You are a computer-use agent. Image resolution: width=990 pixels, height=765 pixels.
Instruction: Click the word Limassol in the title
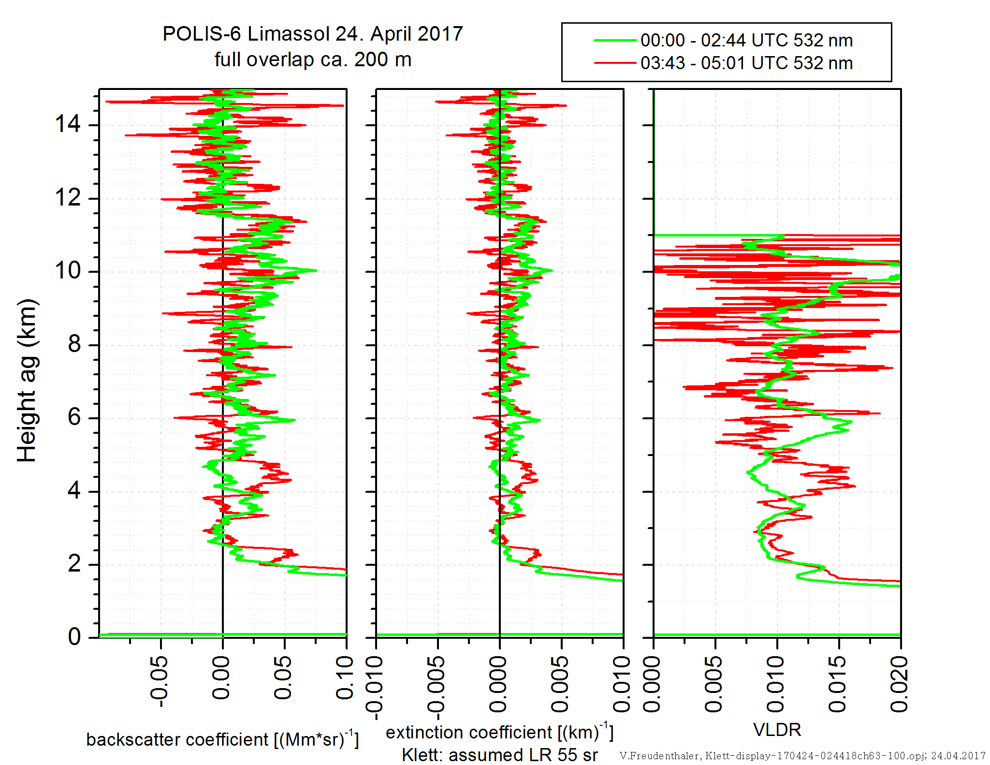click(289, 34)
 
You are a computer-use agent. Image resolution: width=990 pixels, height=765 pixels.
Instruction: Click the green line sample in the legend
click(614, 40)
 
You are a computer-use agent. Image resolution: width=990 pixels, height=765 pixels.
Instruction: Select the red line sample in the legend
click(614, 63)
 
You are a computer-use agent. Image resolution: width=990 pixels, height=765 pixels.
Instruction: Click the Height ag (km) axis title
click(27, 380)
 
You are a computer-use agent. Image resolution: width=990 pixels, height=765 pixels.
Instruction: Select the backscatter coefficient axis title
click(222, 739)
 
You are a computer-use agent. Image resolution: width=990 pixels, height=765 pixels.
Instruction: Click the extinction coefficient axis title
click(499, 732)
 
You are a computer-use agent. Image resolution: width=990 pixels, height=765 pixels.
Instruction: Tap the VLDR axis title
click(777, 730)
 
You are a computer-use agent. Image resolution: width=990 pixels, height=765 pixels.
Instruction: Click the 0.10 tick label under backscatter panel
click(345, 678)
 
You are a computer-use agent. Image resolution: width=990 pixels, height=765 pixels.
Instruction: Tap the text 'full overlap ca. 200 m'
click(313, 59)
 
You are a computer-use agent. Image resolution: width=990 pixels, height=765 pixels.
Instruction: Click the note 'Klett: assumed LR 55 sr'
click(500, 755)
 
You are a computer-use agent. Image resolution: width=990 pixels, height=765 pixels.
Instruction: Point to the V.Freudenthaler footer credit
click(802, 756)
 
